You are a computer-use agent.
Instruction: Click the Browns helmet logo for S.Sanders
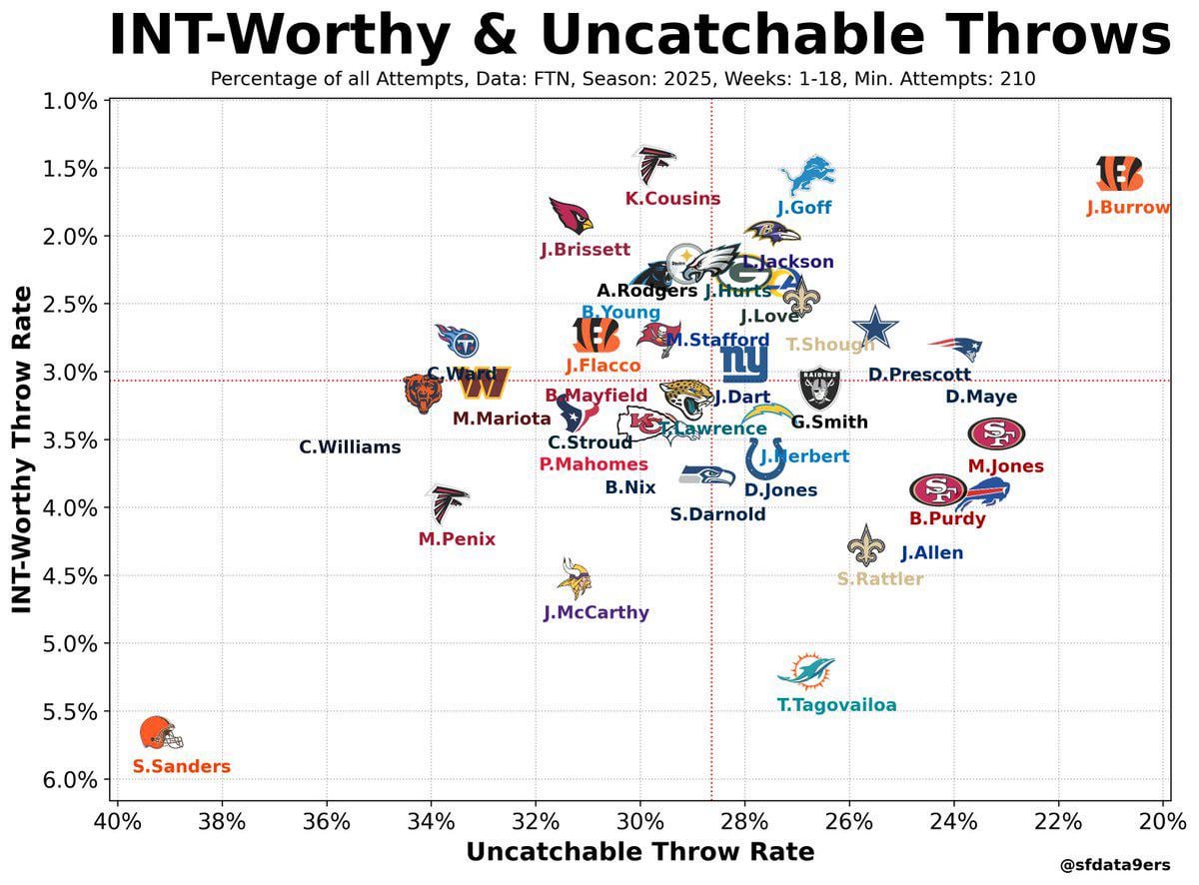click(161, 733)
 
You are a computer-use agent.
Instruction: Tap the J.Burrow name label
click(1128, 208)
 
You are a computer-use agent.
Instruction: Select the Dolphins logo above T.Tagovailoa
click(806, 672)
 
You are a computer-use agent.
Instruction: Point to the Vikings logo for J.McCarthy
click(576, 578)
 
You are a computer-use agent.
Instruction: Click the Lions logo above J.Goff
click(806, 175)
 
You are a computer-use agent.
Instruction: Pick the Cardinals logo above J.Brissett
click(572, 215)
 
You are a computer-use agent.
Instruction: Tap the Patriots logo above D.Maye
click(955, 348)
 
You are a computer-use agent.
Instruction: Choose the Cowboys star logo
click(875, 329)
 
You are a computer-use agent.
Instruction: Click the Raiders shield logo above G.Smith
click(820, 389)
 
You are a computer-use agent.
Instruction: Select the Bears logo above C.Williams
click(420, 395)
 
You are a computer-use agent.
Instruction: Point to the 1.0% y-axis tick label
click(69, 100)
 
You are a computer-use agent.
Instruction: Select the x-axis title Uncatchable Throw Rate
click(639, 852)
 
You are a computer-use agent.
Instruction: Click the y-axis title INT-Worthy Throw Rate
click(21, 449)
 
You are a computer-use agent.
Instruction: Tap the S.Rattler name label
click(880, 579)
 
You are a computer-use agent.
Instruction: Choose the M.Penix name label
click(457, 539)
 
